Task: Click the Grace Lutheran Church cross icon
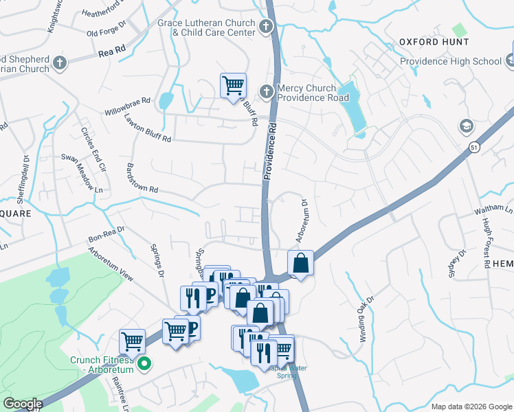coord(266,27)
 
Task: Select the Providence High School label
coord(451,61)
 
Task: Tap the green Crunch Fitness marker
coord(144,363)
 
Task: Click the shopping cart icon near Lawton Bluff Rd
coord(233,85)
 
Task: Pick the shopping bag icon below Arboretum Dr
coord(301,262)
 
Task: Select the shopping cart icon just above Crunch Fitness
coord(132,341)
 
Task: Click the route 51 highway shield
coord(474,147)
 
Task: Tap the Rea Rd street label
coord(112,51)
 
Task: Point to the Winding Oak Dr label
coord(365,312)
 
